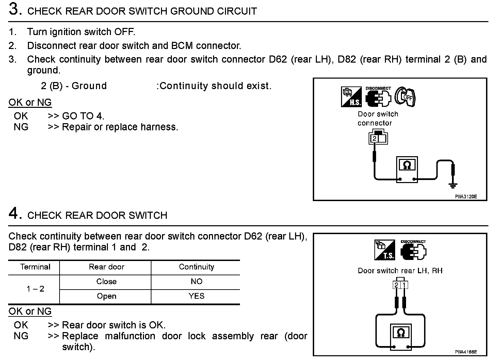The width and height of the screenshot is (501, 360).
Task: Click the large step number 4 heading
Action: pyautogui.click(x=14, y=213)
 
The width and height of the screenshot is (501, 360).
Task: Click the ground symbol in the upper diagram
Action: pyautogui.click(x=452, y=185)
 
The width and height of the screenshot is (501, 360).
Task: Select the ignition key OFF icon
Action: pyautogui.click(x=405, y=97)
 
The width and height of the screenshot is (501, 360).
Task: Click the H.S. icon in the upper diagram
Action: pyautogui.click(x=351, y=97)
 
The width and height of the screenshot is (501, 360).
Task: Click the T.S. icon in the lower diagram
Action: pyautogui.click(x=385, y=250)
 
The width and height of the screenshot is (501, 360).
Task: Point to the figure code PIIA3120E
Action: pyautogui.click(x=466, y=196)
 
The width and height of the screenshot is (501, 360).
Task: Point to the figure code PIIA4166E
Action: pyautogui.click(x=466, y=351)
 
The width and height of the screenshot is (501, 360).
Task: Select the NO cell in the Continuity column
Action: pyautogui.click(x=196, y=281)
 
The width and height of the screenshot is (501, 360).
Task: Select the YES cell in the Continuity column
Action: pyautogui.click(x=196, y=296)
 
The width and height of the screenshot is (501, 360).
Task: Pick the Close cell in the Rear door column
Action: pyautogui.click(x=106, y=281)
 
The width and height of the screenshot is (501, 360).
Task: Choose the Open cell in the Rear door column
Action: pyautogui.click(x=106, y=296)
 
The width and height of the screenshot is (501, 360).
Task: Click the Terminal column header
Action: pyautogui.click(x=35, y=267)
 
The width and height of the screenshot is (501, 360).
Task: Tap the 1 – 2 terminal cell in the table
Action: pyautogui.click(x=35, y=289)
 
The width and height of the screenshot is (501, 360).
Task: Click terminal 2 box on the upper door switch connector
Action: pyautogui.click(x=374, y=138)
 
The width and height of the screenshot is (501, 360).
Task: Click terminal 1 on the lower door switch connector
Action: pyautogui.click(x=404, y=285)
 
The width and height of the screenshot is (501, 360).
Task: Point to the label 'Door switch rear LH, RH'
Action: pyautogui.click(x=400, y=271)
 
